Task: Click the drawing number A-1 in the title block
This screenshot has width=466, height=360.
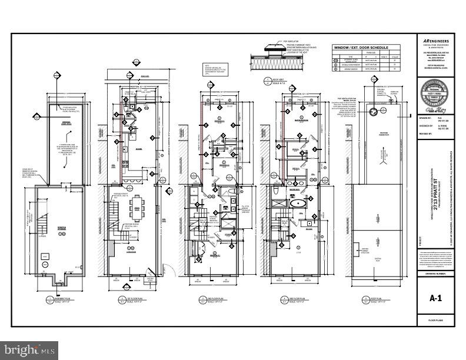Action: (x=435, y=298)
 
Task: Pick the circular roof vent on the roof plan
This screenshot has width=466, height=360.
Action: (x=372, y=111)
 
